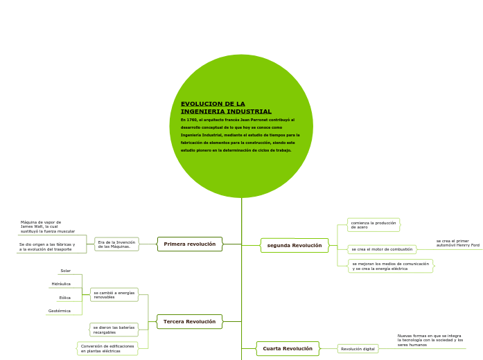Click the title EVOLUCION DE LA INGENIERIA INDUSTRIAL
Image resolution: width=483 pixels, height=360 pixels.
[226, 107]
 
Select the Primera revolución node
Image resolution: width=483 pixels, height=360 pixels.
[190, 244]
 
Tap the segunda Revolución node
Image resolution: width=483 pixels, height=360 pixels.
[295, 245]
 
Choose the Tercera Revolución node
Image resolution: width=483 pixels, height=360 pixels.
[190, 321]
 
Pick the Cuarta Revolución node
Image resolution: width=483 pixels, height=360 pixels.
[288, 348]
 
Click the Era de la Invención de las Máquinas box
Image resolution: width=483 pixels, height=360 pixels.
[116, 244]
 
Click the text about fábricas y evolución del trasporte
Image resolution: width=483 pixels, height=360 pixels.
[47, 246]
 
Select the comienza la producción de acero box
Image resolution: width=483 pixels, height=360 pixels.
[374, 225]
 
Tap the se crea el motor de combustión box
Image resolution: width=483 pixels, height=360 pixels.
[382, 249]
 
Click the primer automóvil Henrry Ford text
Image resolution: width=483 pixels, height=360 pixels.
[457, 243]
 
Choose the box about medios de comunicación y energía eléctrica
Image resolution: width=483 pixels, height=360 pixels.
[390, 266]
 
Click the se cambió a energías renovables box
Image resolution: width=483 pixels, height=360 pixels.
[114, 295]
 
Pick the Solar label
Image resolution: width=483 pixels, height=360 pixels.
[66, 271]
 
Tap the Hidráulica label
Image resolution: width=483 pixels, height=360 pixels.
[61, 284]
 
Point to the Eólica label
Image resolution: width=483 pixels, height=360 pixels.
[65, 298]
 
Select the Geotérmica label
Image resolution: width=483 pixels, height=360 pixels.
[60, 311]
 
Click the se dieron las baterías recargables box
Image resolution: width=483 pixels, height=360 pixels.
[114, 330]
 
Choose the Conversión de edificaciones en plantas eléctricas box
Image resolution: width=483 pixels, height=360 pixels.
[107, 348]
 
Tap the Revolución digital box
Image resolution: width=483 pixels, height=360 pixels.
[358, 349]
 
